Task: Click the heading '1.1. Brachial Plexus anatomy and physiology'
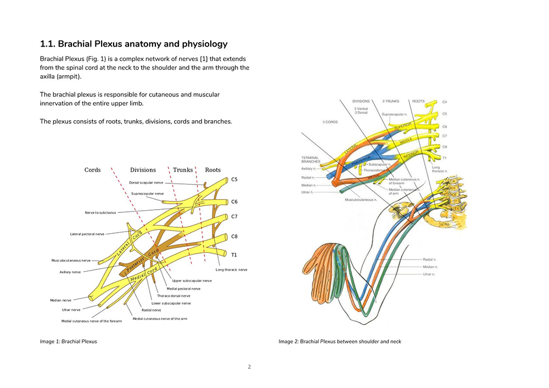tap(133, 44)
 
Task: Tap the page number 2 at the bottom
tap(249, 367)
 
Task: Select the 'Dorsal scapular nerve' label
tap(146, 182)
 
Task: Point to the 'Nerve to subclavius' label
tap(100, 212)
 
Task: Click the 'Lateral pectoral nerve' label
tap(87, 234)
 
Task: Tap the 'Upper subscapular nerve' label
tap(192, 280)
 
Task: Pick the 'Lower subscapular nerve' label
tap(171, 303)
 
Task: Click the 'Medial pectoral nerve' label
tap(183, 288)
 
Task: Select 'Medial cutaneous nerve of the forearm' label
tap(91, 321)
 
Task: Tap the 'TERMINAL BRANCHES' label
tap(310, 160)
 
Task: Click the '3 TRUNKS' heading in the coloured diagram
tap(391, 102)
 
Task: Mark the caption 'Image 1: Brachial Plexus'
tap(68, 341)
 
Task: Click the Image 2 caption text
tap(340, 341)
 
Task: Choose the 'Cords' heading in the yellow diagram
tap(92, 170)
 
